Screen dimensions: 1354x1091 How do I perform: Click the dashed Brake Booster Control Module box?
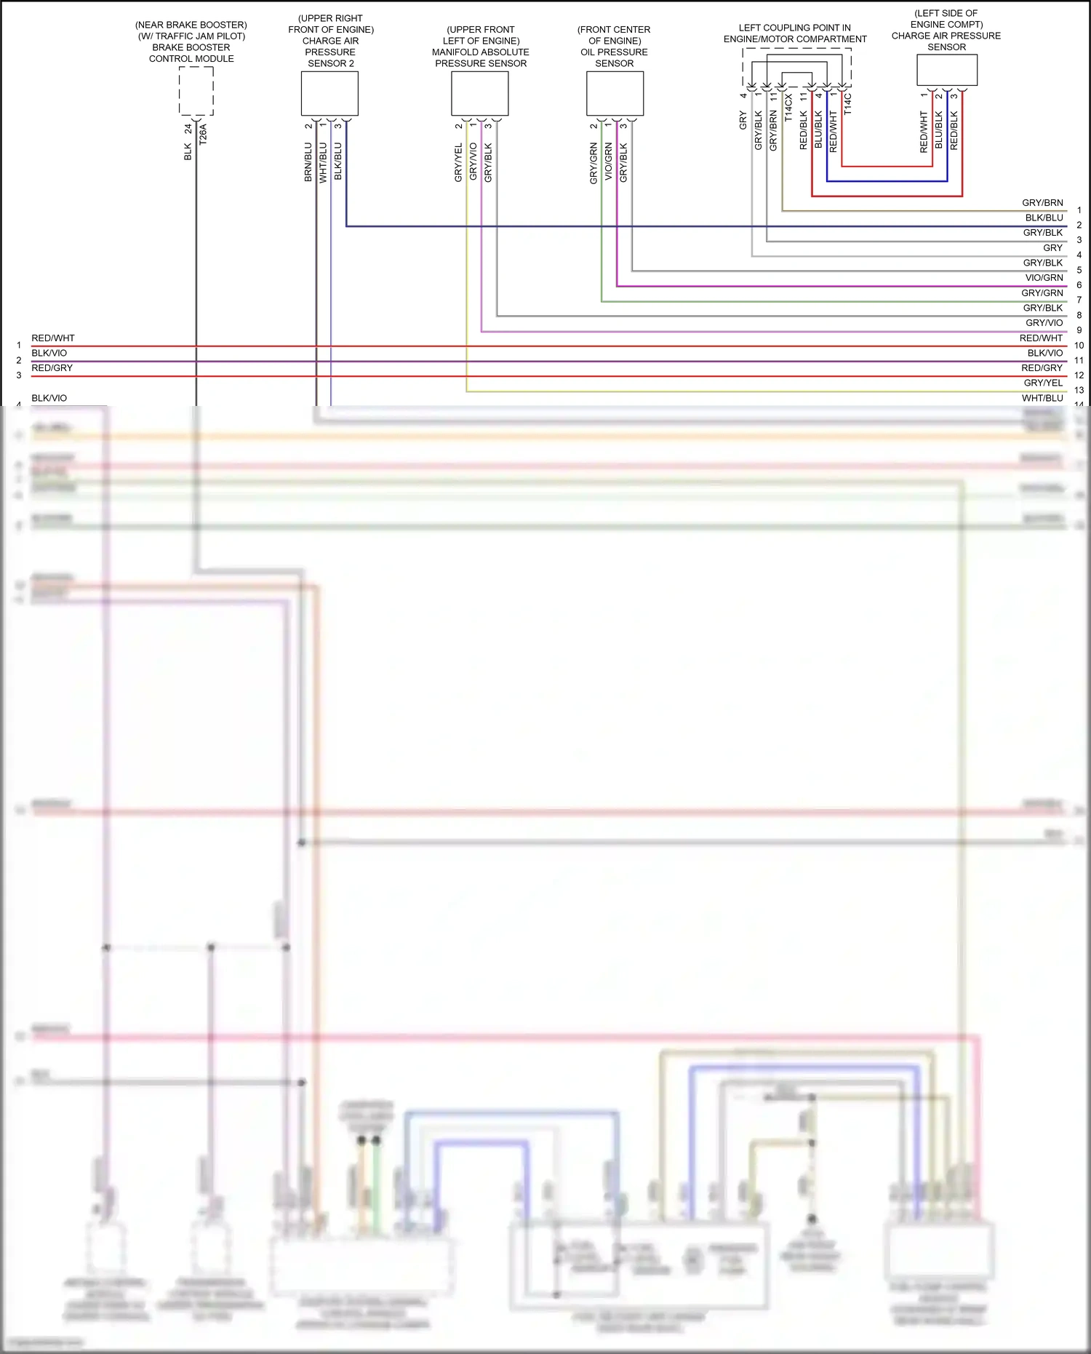196,91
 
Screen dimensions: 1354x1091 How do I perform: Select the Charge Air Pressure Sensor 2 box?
329,93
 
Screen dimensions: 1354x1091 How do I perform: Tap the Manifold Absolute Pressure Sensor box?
479,93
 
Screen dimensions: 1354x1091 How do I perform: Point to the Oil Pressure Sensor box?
615,93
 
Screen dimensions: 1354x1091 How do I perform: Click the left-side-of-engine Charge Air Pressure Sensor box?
946,70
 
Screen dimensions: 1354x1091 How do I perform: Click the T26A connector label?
203,135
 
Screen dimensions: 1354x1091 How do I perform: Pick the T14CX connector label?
788,107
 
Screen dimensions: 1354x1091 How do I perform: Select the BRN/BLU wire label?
308,162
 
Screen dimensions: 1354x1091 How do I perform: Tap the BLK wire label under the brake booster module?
188,151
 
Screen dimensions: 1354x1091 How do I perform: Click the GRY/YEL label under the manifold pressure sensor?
458,163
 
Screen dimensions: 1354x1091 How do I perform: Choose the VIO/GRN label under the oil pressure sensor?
608,162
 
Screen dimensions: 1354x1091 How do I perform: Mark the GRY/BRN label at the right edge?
1042,203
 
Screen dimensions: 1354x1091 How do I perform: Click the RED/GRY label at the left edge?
52,368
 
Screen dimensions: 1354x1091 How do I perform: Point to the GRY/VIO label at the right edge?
1044,323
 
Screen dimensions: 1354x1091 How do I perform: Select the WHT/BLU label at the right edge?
1042,398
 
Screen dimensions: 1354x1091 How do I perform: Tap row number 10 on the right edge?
1079,346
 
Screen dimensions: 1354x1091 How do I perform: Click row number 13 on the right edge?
1079,391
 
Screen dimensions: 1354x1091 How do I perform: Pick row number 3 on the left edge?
19,375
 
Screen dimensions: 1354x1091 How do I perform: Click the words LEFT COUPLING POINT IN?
794,28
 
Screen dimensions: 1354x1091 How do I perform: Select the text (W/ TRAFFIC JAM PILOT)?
191,36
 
